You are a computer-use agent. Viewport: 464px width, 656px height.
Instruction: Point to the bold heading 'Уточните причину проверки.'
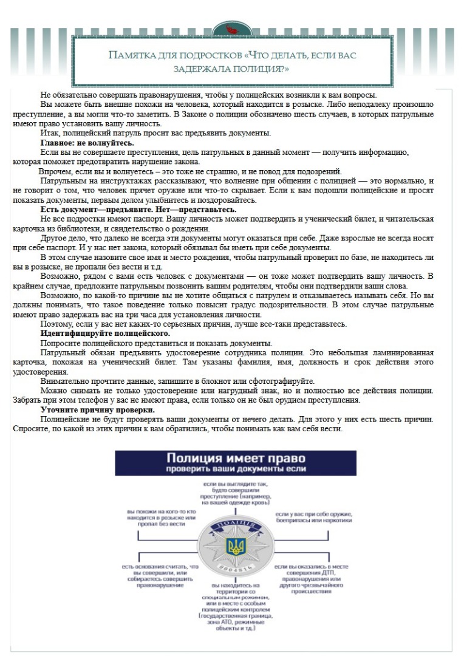[97, 410]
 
